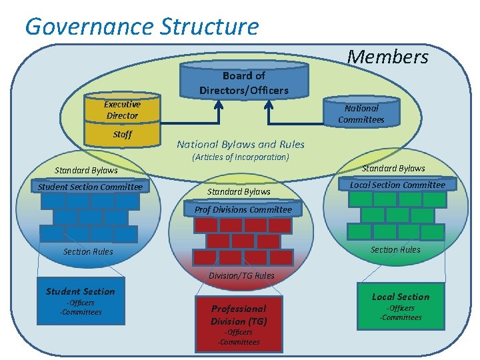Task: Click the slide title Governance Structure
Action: point(141,27)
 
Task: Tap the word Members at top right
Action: point(388,57)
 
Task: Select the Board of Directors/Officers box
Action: point(244,83)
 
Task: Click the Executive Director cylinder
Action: point(122,110)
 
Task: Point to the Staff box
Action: point(122,135)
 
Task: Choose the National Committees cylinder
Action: point(361,113)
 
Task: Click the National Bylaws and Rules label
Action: point(241,144)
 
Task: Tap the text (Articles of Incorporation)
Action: point(241,157)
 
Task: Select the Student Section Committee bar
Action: point(90,187)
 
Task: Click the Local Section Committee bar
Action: point(398,185)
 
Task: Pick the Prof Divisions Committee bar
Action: point(243,209)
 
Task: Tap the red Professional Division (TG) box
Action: point(239,322)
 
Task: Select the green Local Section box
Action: point(401,306)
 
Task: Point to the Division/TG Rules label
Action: point(241,275)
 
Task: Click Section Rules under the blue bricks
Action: point(88,252)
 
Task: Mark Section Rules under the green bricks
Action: point(395,250)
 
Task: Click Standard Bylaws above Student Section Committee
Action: point(86,171)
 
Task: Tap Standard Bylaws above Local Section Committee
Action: point(393,168)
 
